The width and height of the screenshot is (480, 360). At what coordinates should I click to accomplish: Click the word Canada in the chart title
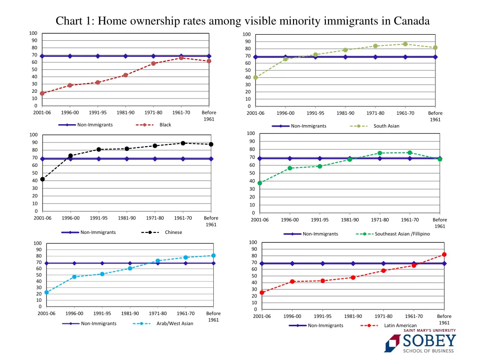412,21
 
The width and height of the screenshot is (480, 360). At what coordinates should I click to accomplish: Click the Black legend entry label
165,125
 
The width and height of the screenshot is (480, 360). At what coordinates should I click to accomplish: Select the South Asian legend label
386,126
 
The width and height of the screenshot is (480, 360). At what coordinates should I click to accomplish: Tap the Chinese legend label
173,232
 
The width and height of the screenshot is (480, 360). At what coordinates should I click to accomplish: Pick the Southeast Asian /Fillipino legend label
402,234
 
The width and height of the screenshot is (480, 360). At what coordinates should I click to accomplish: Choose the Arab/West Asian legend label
175,323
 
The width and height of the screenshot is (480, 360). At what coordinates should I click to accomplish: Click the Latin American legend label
400,325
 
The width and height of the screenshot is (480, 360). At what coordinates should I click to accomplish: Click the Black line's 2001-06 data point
42,93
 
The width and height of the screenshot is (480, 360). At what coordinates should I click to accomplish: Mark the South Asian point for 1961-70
405,44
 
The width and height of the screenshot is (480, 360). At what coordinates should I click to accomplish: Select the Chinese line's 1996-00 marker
70,156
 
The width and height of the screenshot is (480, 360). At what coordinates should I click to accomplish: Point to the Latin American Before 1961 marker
444,255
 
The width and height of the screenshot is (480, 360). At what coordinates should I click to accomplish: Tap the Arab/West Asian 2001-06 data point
46,292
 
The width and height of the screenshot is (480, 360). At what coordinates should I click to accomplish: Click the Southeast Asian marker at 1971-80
380,153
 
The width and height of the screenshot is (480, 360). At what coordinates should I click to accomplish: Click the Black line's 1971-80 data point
153,63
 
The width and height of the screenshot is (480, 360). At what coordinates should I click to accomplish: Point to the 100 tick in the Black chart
33,33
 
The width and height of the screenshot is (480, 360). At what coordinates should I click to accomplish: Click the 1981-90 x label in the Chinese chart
127,218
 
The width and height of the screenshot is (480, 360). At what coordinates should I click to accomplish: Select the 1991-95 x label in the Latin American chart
323,316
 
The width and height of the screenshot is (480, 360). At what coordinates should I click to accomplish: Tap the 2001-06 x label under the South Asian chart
255,113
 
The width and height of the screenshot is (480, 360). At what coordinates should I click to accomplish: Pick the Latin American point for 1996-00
292,281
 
